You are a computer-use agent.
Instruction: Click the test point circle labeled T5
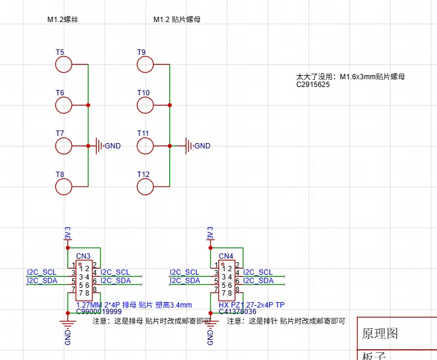(x=63, y=64)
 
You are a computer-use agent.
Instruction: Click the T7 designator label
(x=60, y=134)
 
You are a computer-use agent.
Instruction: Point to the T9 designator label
(x=141, y=52)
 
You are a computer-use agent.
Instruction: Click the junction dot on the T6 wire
(x=88, y=105)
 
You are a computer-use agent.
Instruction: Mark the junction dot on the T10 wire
(x=170, y=105)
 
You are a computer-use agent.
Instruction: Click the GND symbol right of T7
(x=97, y=145)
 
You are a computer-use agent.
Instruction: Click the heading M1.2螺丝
(x=63, y=20)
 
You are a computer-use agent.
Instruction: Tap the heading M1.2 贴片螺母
(x=177, y=20)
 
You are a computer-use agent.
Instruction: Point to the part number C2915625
(x=313, y=85)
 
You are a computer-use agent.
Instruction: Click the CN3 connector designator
(x=83, y=256)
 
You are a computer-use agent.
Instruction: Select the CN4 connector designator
(x=226, y=256)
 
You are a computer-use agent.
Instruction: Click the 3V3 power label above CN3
(x=67, y=233)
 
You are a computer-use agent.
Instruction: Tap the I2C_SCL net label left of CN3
(x=42, y=272)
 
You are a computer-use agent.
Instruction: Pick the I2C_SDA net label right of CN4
(x=258, y=280)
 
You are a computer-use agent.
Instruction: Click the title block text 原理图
(x=380, y=333)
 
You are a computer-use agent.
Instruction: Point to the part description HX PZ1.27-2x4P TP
(x=252, y=304)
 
